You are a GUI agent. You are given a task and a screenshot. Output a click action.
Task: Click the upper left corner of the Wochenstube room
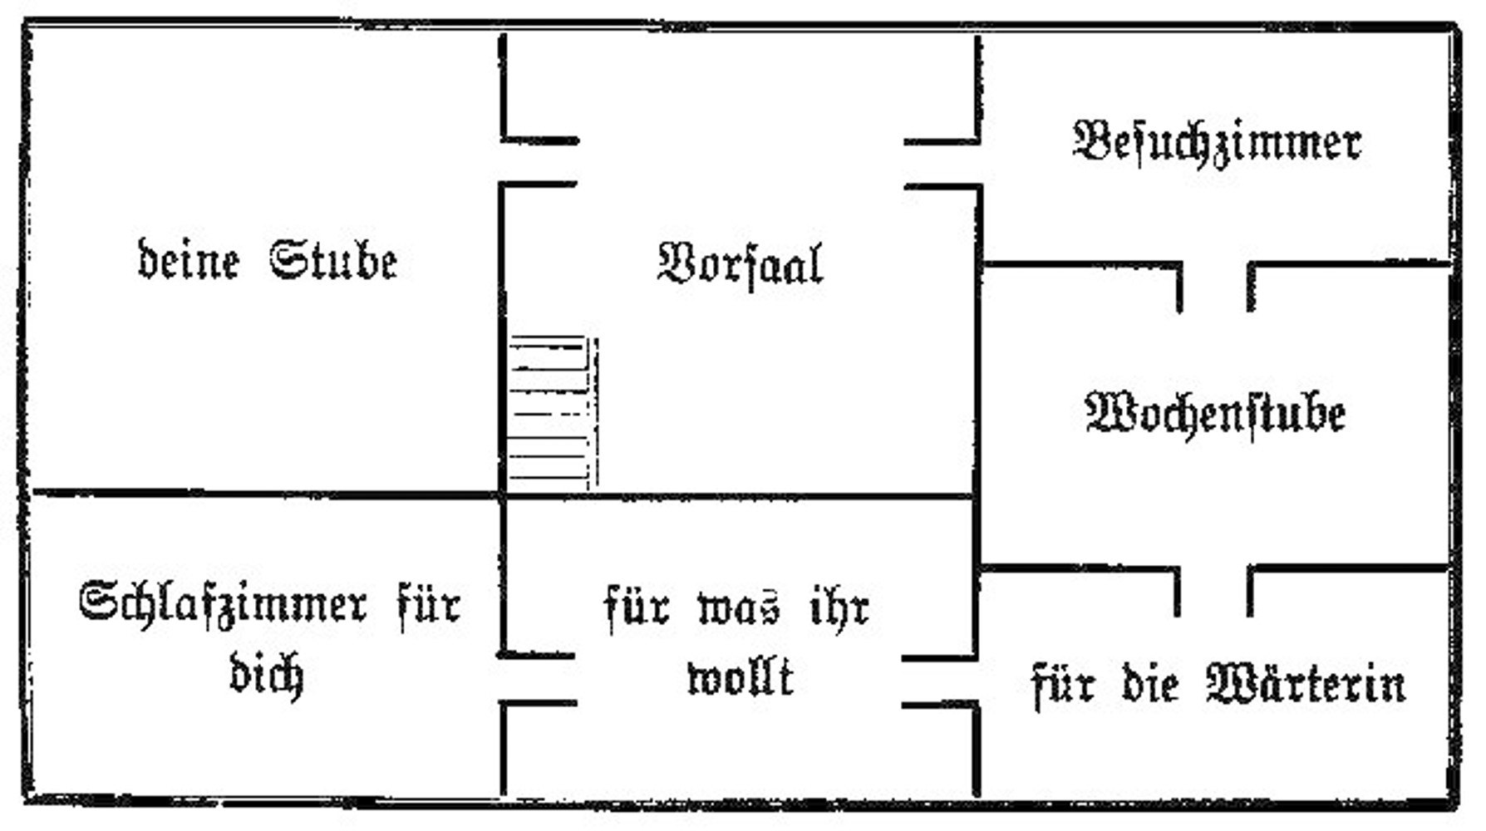pyautogui.click(x=981, y=265)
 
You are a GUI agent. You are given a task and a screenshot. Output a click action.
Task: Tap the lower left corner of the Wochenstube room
pyautogui.click(x=981, y=569)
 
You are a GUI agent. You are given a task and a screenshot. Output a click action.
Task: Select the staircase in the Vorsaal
pyautogui.click(x=552, y=412)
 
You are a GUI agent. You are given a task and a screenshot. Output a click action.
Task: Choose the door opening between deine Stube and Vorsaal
pyautogui.click(x=502, y=163)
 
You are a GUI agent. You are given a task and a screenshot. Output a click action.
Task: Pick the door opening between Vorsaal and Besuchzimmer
pyautogui.click(x=979, y=165)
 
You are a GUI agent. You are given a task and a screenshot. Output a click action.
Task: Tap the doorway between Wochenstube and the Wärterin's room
pyautogui.click(x=1213, y=570)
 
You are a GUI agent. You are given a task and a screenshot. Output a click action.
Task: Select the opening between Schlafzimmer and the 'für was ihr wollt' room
pyautogui.click(x=502, y=680)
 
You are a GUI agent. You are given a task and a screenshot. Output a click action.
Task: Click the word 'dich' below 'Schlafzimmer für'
pyautogui.click(x=266, y=673)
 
